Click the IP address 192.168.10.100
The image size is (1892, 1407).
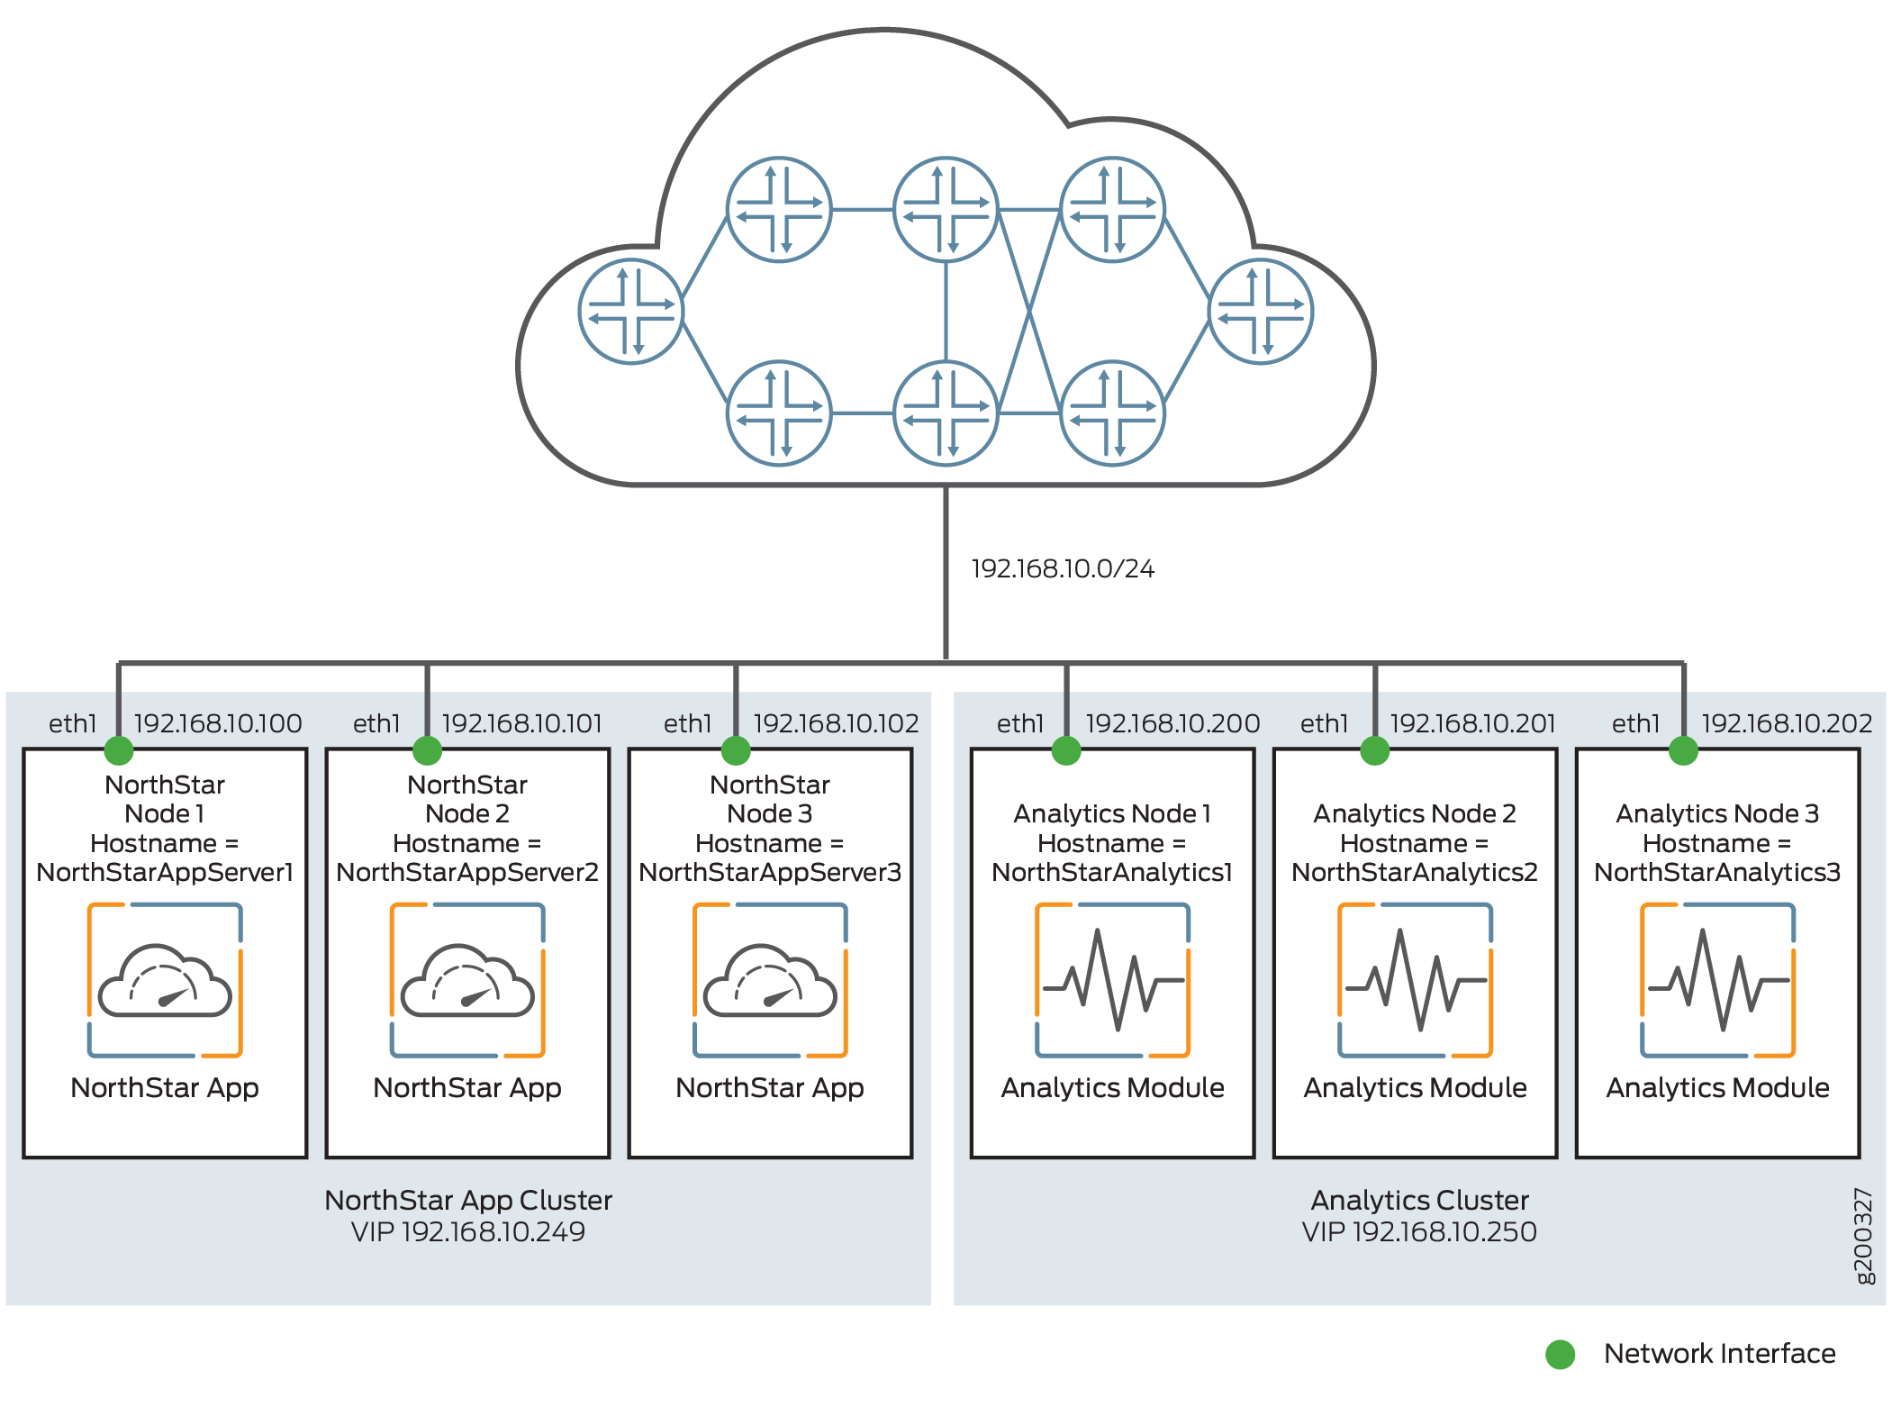pyautogui.click(x=218, y=723)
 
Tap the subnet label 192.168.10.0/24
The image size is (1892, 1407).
pyautogui.click(x=1063, y=569)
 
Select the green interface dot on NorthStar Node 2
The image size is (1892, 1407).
pyautogui.click(x=427, y=750)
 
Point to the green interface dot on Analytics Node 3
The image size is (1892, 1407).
pyautogui.click(x=1683, y=750)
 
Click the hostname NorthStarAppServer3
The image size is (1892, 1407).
pyautogui.click(x=770, y=873)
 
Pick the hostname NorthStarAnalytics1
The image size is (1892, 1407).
pyautogui.click(x=1112, y=873)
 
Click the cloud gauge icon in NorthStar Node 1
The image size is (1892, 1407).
pyautogui.click(x=165, y=980)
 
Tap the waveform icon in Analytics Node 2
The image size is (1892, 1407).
pyautogui.click(x=1415, y=980)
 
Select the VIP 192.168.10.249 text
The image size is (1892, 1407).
pyautogui.click(x=468, y=1232)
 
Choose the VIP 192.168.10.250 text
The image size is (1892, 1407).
pyautogui.click(x=1419, y=1232)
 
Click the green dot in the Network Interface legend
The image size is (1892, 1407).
pyautogui.click(x=1561, y=1354)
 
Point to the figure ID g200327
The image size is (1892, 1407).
pyautogui.click(x=1863, y=1236)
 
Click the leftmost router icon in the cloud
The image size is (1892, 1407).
pyautogui.click(x=630, y=312)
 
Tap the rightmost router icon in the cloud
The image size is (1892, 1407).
pyautogui.click(x=1260, y=312)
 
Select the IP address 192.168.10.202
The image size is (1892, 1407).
pyautogui.click(x=1787, y=723)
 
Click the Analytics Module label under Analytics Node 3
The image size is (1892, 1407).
pyautogui.click(x=1717, y=1088)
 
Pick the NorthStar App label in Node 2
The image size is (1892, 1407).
pyautogui.click(x=467, y=1088)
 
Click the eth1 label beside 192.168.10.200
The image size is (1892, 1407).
pyautogui.click(x=1020, y=723)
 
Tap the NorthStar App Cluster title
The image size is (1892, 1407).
pyautogui.click(x=468, y=1201)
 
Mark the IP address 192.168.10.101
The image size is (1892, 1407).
pyautogui.click(x=522, y=723)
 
